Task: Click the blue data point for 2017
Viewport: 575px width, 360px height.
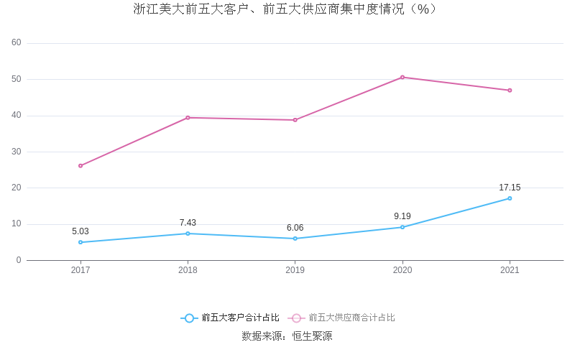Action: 80,242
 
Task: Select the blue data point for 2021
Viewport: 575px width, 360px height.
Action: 510,198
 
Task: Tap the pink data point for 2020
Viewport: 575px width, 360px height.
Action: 402,77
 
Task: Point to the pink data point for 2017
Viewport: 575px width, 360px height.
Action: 80,166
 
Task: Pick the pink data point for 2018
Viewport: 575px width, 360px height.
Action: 188,118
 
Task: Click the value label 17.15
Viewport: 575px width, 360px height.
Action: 510,188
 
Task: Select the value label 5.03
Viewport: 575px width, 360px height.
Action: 80,231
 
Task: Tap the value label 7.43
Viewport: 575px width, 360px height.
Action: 188,223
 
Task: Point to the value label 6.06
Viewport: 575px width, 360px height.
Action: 295,228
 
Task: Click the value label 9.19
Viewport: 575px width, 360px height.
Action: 402,216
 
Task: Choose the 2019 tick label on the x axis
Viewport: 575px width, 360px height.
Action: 295,270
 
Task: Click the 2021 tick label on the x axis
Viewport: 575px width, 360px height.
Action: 510,270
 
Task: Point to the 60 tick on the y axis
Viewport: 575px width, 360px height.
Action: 17,43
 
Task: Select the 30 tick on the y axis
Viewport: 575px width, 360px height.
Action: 17,152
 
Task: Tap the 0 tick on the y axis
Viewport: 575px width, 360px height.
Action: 19,260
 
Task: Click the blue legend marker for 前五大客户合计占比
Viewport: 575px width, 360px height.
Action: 189,318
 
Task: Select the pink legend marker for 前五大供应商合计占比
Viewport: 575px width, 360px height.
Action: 296,318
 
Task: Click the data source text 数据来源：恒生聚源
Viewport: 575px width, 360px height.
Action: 287,336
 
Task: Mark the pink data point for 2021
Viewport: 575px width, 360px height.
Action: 510,91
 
